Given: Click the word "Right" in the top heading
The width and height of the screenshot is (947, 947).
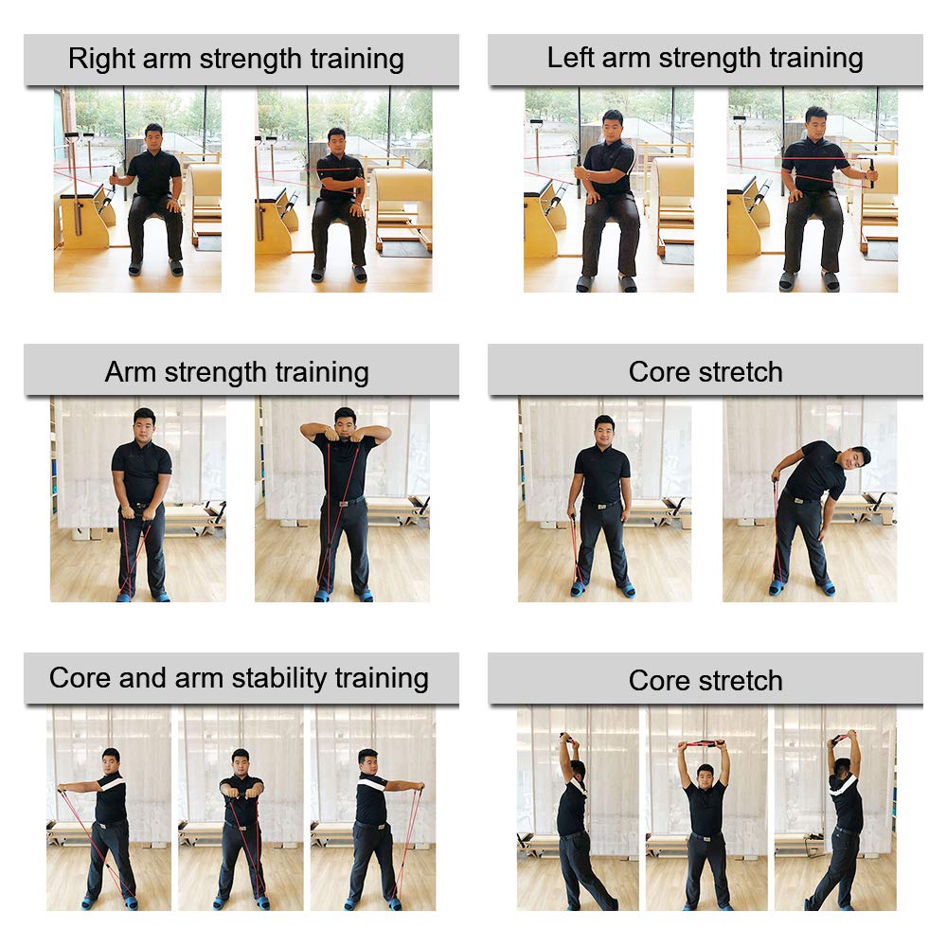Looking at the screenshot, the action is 101,59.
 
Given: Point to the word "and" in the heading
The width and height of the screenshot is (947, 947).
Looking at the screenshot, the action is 142,678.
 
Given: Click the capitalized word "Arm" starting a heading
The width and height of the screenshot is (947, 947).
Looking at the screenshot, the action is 131,371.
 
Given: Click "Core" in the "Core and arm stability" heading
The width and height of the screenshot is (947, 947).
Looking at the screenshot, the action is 80,678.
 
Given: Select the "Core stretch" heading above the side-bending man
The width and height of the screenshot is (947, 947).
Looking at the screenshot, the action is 706,371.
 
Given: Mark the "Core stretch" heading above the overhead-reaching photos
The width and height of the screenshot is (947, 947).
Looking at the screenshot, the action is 706,681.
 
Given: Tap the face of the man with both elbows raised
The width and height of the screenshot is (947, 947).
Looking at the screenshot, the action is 345,422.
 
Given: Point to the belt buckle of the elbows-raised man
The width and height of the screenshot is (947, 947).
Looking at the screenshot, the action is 344,503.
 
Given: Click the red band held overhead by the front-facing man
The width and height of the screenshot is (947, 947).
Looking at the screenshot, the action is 703,743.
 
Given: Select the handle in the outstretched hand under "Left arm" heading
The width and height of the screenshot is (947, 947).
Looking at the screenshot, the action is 872,172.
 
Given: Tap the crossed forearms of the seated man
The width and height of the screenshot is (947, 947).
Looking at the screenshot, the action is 340,182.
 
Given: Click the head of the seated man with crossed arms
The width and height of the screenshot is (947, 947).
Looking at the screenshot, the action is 336,141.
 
